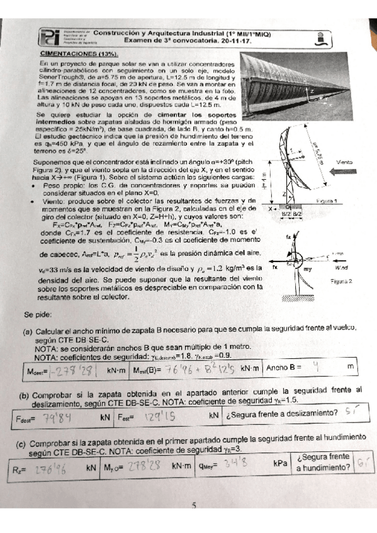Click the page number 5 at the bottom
point(194,505)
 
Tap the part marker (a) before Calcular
point(28,328)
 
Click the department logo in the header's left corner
point(52,38)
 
